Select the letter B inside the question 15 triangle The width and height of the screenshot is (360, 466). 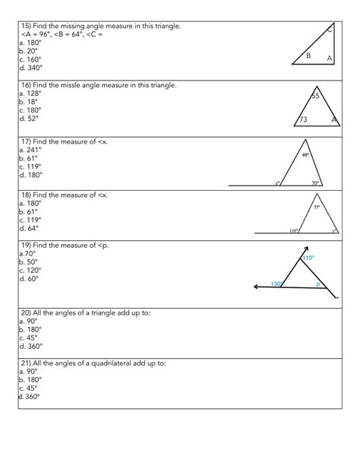[308, 55]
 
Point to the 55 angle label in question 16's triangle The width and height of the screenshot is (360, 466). [317, 96]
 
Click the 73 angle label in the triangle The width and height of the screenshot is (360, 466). [302, 120]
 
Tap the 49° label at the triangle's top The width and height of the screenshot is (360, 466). [306, 156]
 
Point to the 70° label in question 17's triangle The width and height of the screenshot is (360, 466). [315, 183]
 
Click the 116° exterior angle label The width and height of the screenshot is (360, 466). [292, 231]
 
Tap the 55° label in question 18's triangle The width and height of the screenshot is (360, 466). [317, 207]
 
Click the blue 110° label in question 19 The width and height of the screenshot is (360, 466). [308, 258]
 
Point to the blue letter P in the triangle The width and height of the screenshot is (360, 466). [319, 285]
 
